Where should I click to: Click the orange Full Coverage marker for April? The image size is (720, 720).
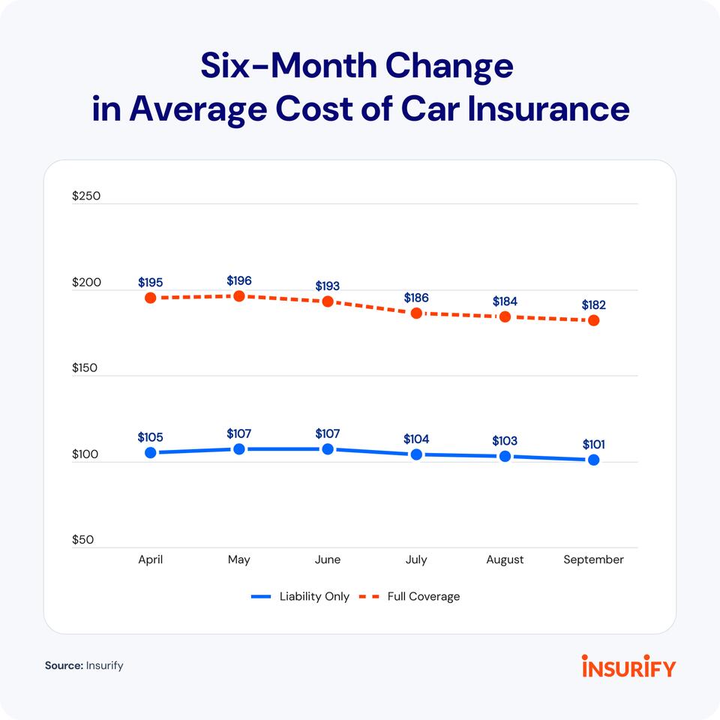151,298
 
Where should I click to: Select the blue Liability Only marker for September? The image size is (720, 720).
593,460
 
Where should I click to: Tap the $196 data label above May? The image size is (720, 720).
239,280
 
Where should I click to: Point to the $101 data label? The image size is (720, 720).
593,445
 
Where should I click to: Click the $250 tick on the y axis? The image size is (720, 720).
86,196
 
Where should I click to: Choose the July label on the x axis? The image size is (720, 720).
416,559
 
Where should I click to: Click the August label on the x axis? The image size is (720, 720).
505,559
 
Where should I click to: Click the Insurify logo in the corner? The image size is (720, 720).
628,666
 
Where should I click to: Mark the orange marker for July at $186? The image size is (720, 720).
416,313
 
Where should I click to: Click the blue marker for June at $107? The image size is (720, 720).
328,449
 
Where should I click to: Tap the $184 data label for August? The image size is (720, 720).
505,301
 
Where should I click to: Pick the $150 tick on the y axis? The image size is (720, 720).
86,368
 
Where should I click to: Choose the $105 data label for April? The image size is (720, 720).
151,437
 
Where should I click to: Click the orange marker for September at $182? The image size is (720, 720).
593,320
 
